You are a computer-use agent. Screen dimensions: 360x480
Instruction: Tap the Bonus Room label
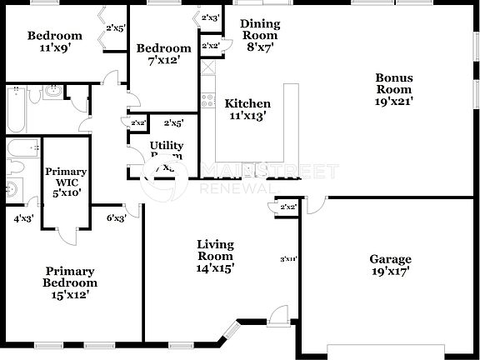394,89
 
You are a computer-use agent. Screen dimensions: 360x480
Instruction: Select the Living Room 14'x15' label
215,256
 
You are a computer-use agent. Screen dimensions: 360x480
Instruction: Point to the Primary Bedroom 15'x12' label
70,282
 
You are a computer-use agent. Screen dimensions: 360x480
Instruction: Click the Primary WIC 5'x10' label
65,182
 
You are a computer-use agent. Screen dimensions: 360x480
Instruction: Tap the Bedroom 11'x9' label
54,42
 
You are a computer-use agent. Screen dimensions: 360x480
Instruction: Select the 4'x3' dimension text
22,219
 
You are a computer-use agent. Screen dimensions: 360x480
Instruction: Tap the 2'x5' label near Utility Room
173,123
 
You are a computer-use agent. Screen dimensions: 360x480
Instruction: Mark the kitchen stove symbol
207,102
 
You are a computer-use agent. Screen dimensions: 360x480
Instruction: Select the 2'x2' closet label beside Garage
288,207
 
